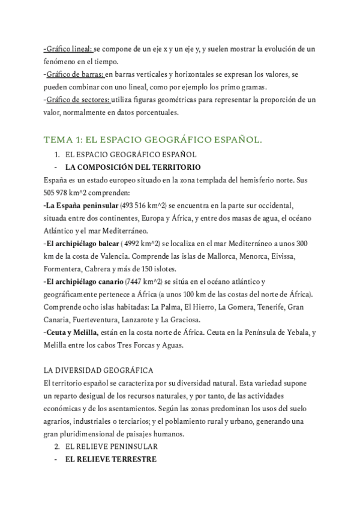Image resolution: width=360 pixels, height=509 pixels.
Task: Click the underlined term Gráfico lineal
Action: [x=69, y=47]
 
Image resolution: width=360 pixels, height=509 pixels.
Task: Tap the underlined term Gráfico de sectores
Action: [x=77, y=100]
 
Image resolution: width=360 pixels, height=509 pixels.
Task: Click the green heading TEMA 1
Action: [x=153, y=140]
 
